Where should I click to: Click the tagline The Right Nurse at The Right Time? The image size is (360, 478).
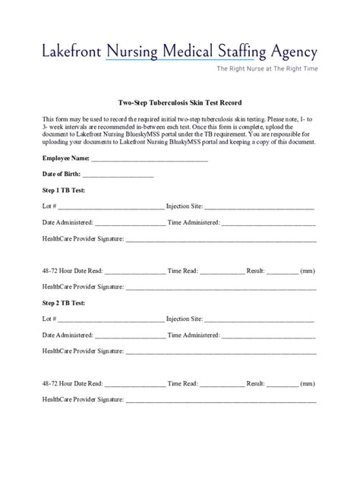point(267,69)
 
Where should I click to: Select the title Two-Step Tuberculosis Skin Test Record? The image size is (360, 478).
point(179,102)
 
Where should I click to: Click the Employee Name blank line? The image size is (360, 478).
point(149,159)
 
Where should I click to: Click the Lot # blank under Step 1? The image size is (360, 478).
point(111,206)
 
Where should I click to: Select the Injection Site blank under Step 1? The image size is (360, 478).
point(259,206)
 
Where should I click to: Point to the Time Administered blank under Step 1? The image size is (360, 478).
point(269,223)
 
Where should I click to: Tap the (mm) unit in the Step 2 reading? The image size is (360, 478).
point(308,382)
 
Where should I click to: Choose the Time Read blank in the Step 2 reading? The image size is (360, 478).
point(222,383)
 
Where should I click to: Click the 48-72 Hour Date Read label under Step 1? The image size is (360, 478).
point(72,270)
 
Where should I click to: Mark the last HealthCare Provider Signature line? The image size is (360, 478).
point(221,399)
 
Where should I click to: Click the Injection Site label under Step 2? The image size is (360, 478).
point(184,319)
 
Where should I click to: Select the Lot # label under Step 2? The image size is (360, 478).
point(49,319)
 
